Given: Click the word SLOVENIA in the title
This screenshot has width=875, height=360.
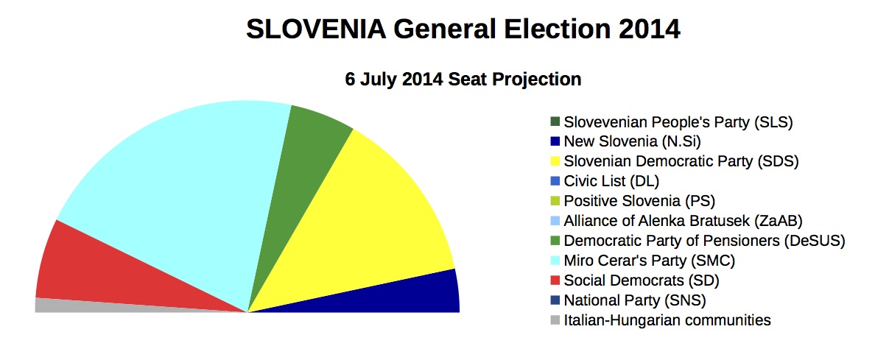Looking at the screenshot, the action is [x=316, y=29].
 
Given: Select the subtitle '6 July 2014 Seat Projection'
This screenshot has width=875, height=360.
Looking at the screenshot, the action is [x=463, y=80].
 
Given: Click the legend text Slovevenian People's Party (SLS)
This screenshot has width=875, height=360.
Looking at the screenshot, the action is [x=678, y=122].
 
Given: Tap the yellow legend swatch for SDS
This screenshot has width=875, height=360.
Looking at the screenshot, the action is [x=555, y=162].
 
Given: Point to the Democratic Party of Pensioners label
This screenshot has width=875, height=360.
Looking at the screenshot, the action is [x=705, y=241].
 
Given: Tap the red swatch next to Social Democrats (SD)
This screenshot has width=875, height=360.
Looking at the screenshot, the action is [x=555, y=280].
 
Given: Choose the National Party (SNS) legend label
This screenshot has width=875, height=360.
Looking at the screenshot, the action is [x=635, y=301].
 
